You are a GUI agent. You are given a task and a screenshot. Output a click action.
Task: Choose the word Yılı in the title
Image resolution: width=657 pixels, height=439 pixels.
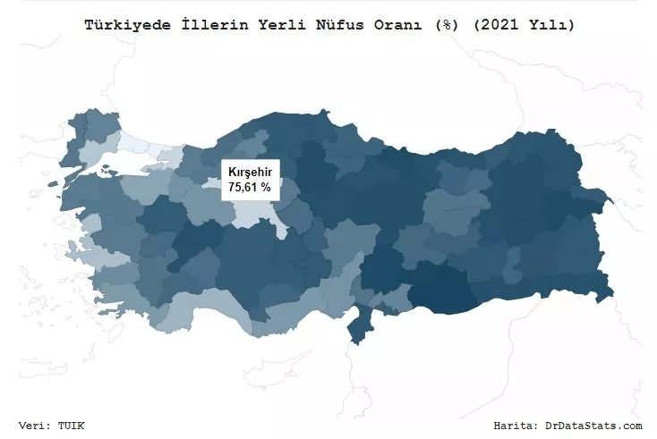[542, 25]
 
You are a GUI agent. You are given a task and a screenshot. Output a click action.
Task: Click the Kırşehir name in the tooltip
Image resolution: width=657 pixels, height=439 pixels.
[250, 172]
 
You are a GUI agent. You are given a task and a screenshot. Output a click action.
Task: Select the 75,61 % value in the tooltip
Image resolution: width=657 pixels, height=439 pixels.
[250, 187]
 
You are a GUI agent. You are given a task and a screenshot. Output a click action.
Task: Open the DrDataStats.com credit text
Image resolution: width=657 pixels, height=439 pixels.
[593, 426]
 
